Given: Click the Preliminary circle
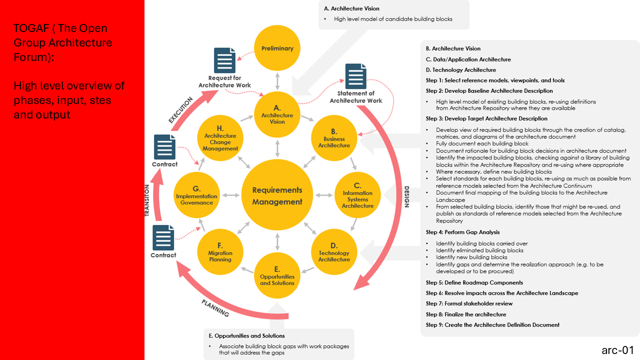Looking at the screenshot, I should coord(277,48).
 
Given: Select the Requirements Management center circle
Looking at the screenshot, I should coord(277,195).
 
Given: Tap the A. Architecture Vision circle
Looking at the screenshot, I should coord(277,114).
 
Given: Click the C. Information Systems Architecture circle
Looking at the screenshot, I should coord(357,195).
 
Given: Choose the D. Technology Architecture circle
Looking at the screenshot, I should coord(334,252).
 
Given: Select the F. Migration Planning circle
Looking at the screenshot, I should coord(220,252).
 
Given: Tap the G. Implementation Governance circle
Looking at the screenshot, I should coord(196,195).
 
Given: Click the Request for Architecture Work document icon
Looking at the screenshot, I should coord(224,60).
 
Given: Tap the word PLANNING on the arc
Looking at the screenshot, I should coord(215,308).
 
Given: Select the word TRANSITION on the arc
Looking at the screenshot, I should coord(147,199).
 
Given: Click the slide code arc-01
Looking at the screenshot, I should coord(617,349).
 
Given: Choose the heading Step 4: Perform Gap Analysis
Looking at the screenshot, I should coord(462,232).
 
